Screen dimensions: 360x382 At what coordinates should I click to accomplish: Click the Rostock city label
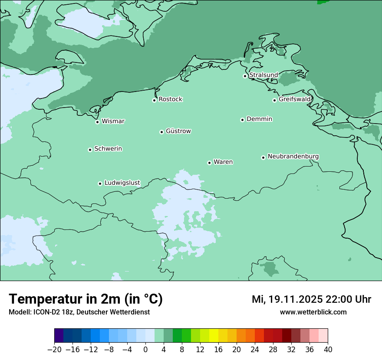pyautogui.click(x=170, y=99)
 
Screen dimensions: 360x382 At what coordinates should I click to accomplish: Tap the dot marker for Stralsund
pyautogui.click(x=245, y=76)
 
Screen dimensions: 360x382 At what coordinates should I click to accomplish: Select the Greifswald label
pyautogui.click(x=294, y=99)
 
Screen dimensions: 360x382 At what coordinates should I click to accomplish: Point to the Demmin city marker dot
pyautogui.click(x=242, y=120)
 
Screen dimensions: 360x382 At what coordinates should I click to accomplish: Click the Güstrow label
pyautogui.click(x=178, y=131)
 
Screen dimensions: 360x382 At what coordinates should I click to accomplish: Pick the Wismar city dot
pyautogui.click(x=97, y=122)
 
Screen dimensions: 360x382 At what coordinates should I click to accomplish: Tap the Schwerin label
pyautogui.click(x=108, y=149)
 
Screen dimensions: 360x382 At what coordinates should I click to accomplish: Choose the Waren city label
pyautogui.click(x=223, y=162)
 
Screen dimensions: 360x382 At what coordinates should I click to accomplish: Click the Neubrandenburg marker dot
pyautogui.click(x=263, y=157)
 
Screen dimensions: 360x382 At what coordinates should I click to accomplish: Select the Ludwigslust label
pyautogui.click(x=122, y=183)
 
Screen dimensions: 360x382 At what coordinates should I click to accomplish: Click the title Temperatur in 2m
pyautogui.click(x=86, y=299)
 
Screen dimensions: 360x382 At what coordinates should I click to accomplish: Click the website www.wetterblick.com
pyautogui.click(x=313, y=312)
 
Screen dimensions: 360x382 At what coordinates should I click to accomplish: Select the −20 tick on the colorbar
pyautogui.click(x=54, y=350)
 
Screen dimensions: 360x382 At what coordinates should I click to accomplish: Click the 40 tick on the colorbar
pyautogui.click(x=328, y=350)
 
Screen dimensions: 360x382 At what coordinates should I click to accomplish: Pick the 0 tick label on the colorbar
pyautogui.click(x=145, y=350)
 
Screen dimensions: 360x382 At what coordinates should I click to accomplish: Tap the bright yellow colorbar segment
pyautogui.click(x=214, y=336)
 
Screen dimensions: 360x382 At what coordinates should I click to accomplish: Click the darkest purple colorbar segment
pyautogui.click(x=59, y=336)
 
